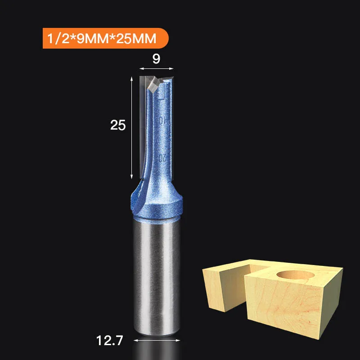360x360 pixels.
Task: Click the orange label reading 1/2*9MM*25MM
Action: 106,38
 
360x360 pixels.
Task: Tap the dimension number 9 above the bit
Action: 156,59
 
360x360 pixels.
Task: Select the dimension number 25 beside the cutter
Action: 118,125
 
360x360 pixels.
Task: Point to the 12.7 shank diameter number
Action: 110,341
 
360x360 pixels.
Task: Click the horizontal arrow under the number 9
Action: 156,68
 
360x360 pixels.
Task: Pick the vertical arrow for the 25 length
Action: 131,128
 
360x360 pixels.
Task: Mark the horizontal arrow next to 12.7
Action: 157,341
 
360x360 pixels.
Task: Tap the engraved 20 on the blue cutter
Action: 162,158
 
